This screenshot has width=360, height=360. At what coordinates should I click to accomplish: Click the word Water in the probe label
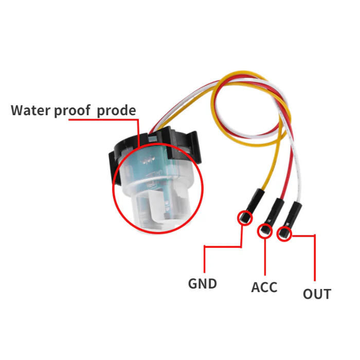pos(31,110)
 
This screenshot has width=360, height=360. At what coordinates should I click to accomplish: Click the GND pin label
pos(202,283)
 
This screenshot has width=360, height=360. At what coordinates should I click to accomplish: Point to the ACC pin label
pos(264,287)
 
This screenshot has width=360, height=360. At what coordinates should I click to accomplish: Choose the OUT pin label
pos(316,294)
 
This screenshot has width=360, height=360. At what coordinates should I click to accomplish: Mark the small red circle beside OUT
pos(283,235)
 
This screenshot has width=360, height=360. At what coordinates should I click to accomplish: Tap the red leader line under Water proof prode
pos(103,120)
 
